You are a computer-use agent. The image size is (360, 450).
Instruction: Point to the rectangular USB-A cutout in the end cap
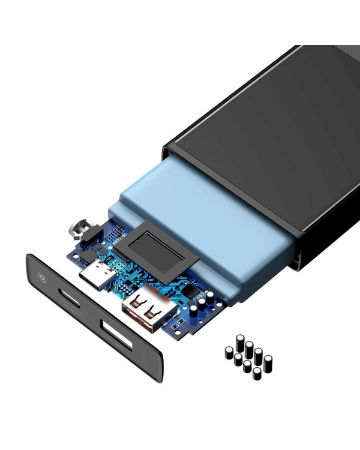(x=119, y=334)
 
